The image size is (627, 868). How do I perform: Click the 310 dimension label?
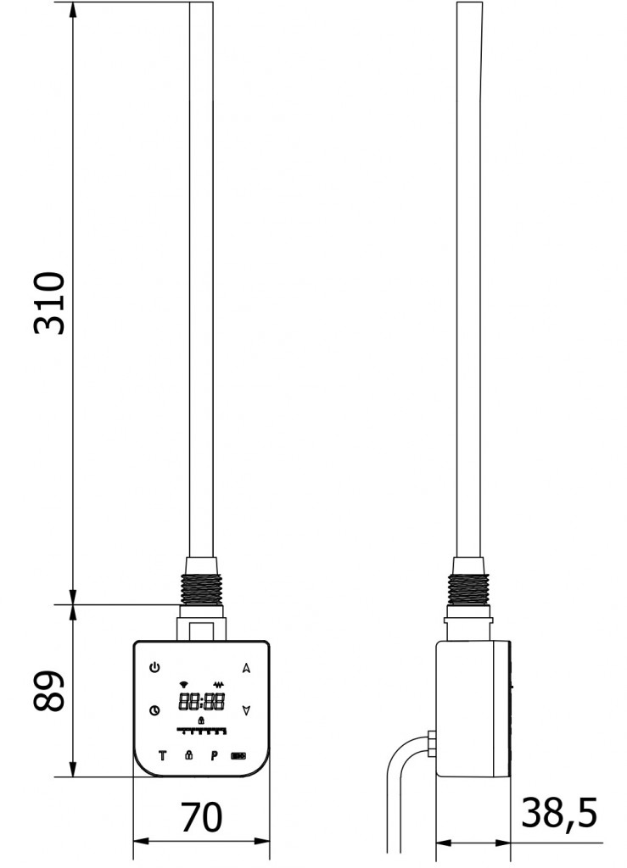tap(50, 303)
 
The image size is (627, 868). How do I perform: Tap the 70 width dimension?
tap(202, 817)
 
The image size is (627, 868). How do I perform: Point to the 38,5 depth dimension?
tap(559, 813)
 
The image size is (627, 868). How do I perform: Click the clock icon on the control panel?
tap(154, 710)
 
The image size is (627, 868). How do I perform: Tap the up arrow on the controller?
tap(247, 668)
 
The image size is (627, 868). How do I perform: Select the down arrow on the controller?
tap(247, 710)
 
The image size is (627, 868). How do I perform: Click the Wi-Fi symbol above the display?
tap(184, 684)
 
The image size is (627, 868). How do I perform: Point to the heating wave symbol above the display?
tap(218, 684)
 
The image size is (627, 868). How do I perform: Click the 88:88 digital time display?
tap(201, 702)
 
